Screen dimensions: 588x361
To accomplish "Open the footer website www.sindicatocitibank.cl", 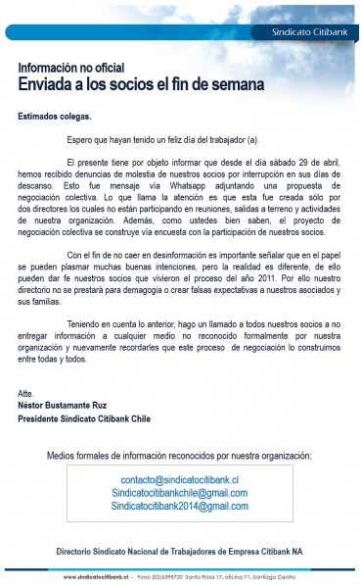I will [x=97, y=577].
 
